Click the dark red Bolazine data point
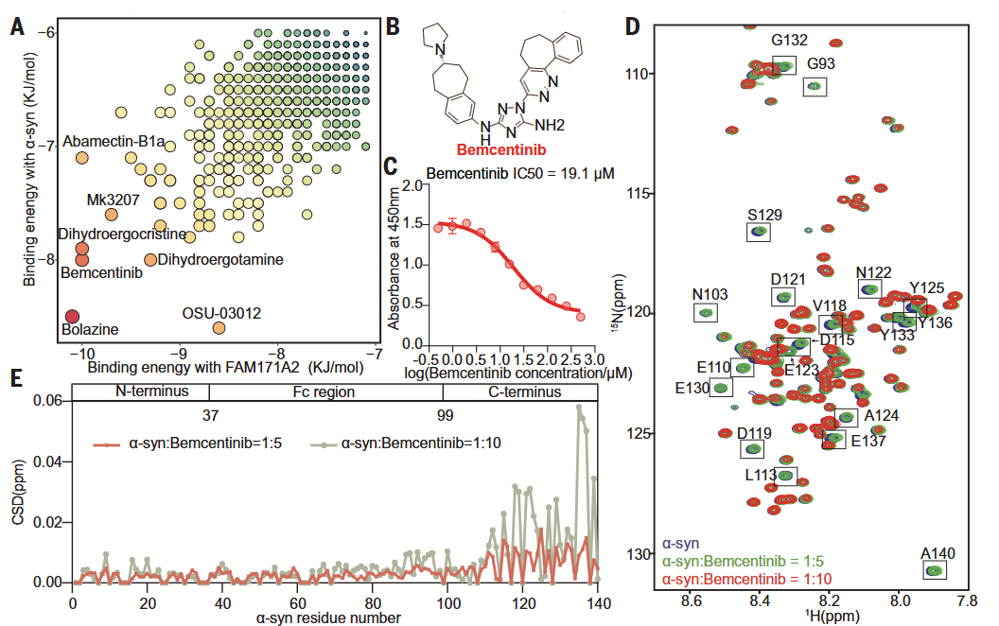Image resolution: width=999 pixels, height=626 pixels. tap(71, 316)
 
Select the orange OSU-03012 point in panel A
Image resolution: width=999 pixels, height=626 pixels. tap(219, 328)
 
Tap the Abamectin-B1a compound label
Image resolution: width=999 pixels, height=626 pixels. tap(114, 142)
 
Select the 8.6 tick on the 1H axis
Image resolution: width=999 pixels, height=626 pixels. tap(692, 599)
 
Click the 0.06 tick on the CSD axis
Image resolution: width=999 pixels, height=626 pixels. tap(46, 400)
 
